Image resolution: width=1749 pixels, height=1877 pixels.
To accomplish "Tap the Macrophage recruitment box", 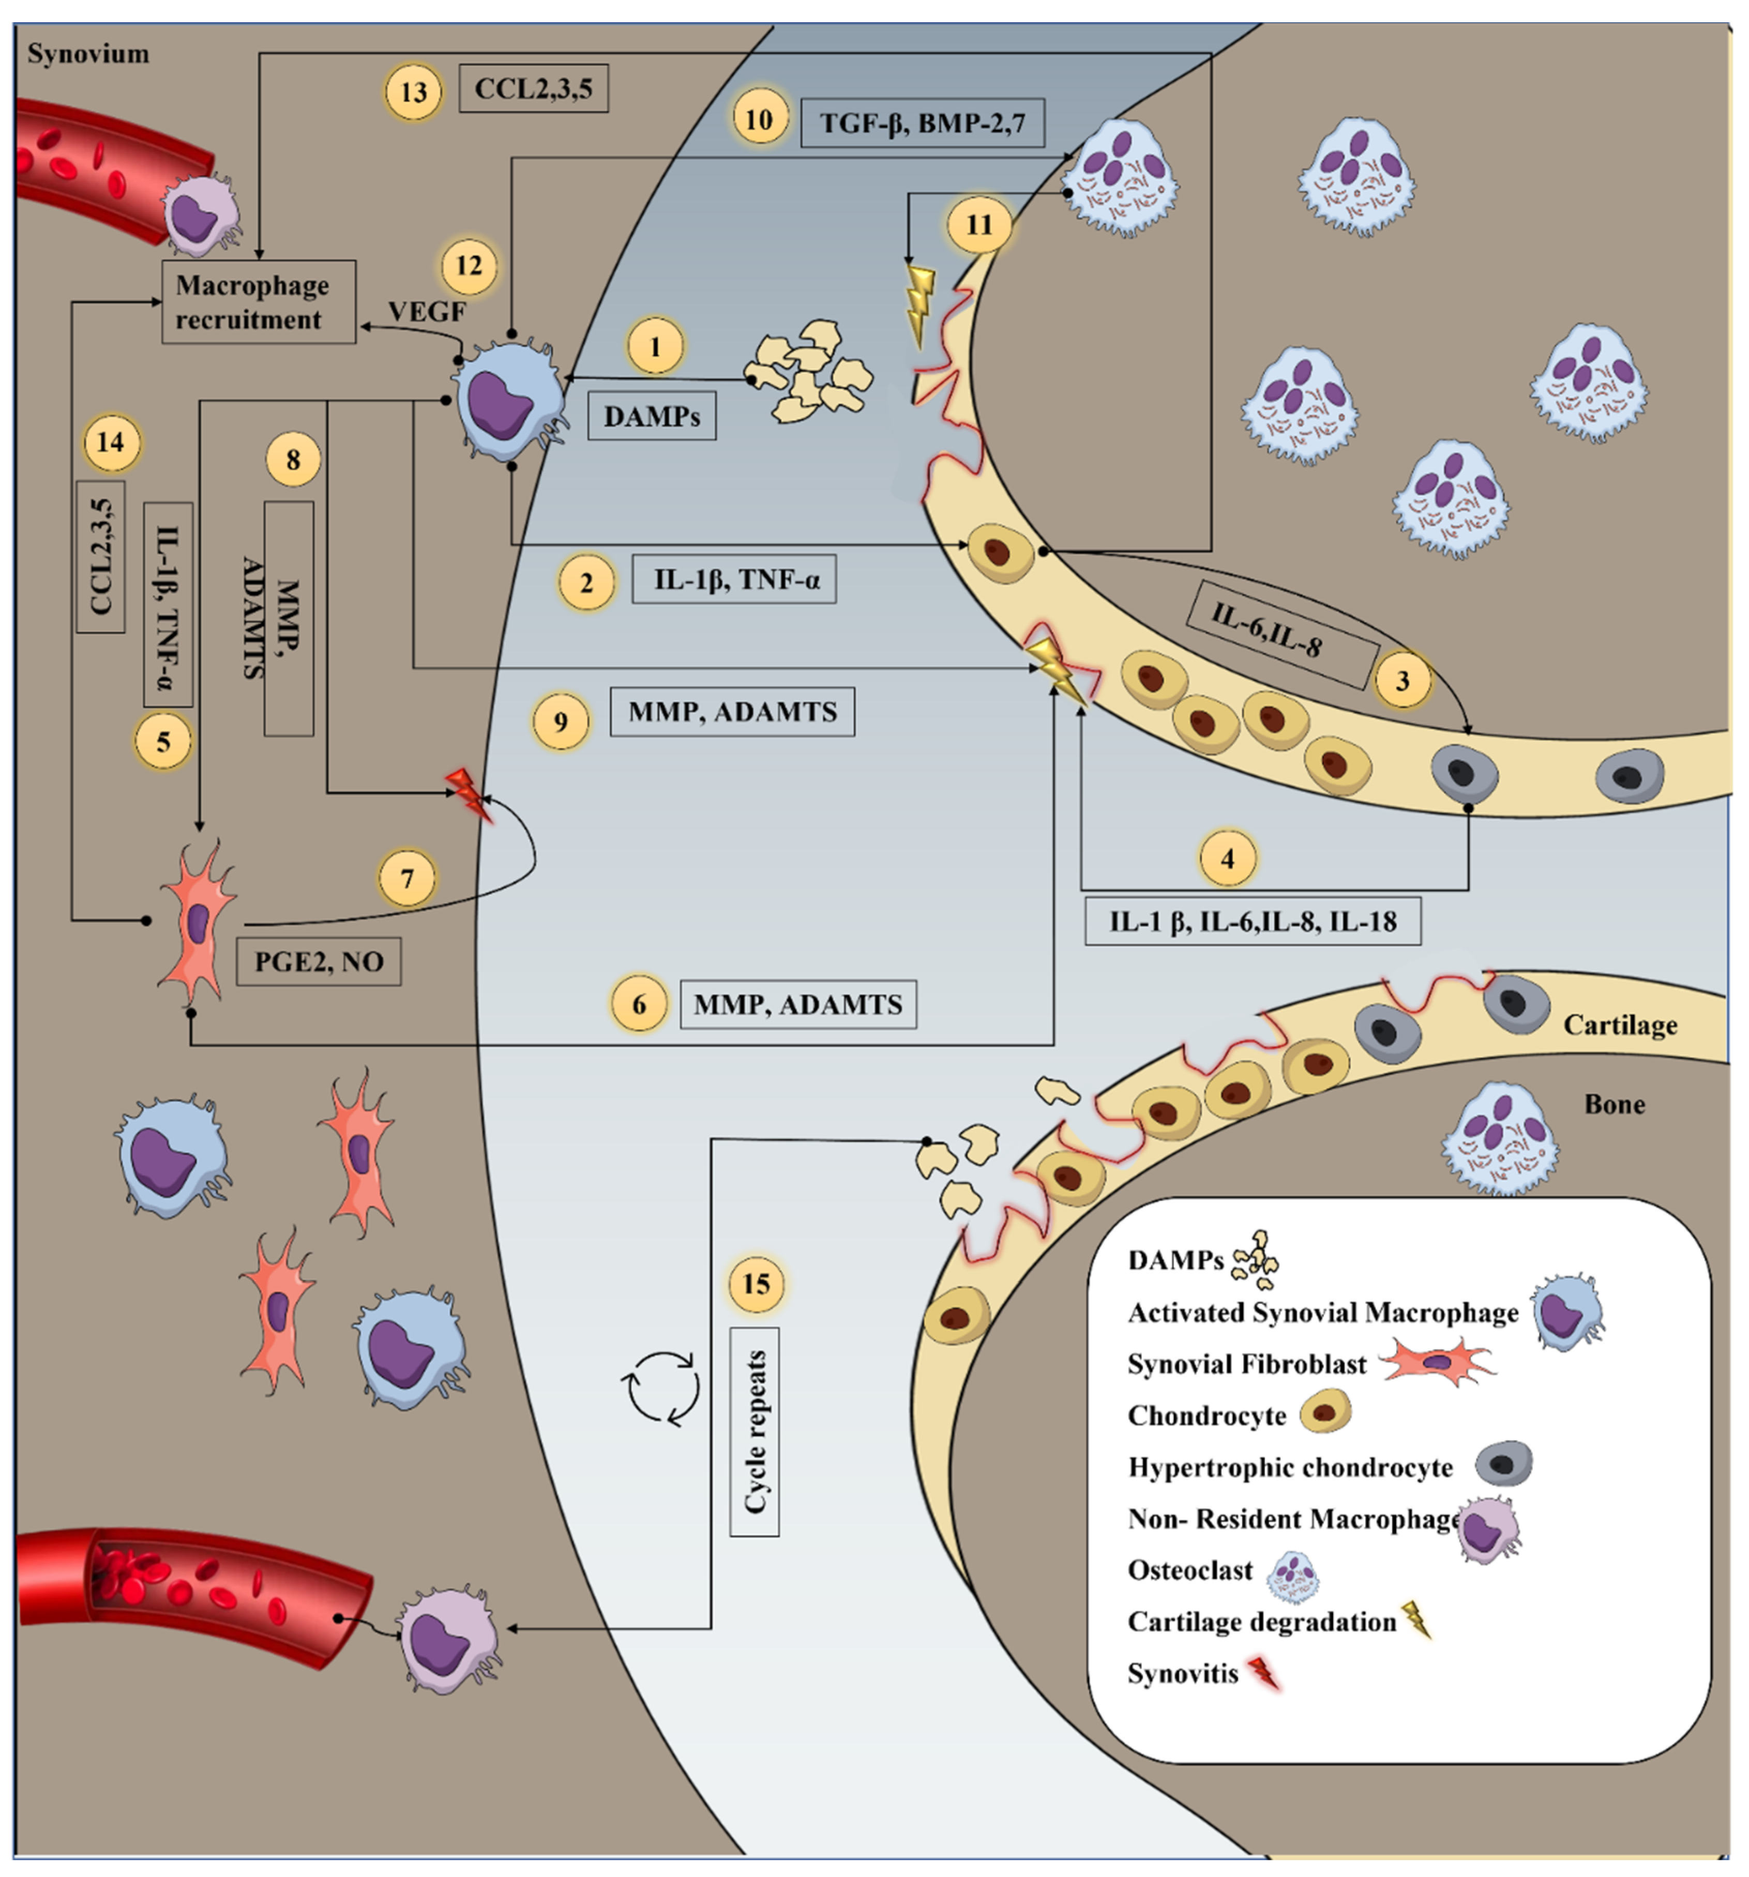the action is (x=259, y=302).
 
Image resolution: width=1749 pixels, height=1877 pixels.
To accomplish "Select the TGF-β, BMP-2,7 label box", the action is (x=923, y=123).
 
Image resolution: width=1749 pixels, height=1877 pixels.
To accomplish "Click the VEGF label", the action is (x=427, y=311).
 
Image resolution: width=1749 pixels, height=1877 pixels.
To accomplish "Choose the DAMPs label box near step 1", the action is (x=652, y=416).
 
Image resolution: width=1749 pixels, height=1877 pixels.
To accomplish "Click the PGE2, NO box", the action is (x=319, y=961).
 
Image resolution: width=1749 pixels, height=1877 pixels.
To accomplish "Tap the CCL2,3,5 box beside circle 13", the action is (x=534, y=89).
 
